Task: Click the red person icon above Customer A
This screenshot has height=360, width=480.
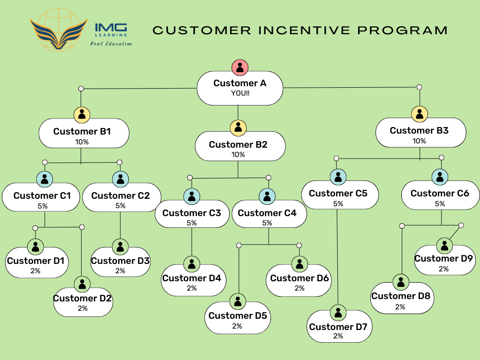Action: point(240,67)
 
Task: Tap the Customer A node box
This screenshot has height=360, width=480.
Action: point(240,88)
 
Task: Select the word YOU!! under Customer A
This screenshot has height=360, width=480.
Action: point(240,93)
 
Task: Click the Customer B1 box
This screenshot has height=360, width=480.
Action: point(82,134)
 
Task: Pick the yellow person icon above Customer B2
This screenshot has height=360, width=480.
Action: point(238,127)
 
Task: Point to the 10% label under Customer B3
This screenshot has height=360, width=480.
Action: point(419,141)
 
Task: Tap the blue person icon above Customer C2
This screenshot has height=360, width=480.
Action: point(120,178)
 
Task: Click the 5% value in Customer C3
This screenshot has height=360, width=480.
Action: point(192,223)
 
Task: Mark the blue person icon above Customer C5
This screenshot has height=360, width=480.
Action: point(337,177)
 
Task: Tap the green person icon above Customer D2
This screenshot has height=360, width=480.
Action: point(82,283)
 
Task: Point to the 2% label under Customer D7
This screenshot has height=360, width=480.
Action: point(338,336)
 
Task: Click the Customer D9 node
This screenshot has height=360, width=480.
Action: point(444,261)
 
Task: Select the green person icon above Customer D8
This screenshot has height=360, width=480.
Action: point(401,282)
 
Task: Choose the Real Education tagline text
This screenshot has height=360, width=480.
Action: point(111,44)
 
